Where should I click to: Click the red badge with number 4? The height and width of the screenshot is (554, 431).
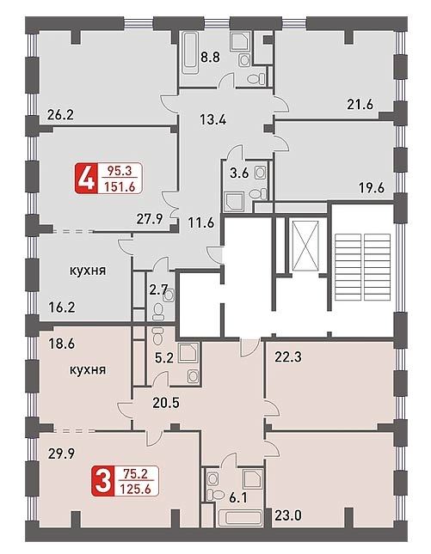click(x=84, y=178)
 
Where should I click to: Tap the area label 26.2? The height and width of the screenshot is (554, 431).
click(x=60, y=115)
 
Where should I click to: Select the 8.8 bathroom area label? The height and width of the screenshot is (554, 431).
click(x=210, y=57)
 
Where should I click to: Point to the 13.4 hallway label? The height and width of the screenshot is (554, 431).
click(x=213, y=119)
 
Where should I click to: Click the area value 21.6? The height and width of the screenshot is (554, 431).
click(x=360, y=105)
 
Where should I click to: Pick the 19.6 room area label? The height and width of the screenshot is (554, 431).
click(x=372, y=188)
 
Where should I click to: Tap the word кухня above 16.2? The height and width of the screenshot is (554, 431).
click(x=88, y=271)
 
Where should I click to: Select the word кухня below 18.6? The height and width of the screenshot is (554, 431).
click(x=88, y=370)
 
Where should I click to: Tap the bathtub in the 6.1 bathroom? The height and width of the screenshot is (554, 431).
click(x=239, y=519)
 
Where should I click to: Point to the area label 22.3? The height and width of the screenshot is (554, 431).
click(x=288, y=357)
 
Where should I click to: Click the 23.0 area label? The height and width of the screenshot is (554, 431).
click(x=288, y=516)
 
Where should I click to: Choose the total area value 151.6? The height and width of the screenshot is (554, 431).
click(x=120, y=186)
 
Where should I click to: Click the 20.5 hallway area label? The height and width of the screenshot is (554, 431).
click(x=166, y=403)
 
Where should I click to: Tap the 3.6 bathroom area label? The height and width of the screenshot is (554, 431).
click(x=240, y=174)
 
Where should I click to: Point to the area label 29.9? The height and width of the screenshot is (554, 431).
click(x=61, y=454)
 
